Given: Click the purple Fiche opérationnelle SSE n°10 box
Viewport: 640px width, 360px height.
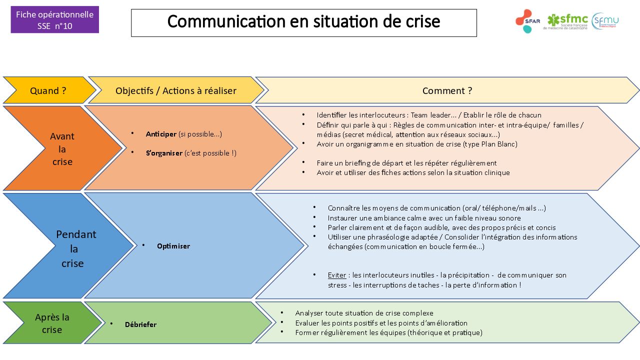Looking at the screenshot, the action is click(x=55, y=19).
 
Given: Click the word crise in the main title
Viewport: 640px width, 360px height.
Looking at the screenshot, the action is click(x=423, y=21).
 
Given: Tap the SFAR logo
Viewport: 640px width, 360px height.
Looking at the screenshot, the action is click(x=527, y=21).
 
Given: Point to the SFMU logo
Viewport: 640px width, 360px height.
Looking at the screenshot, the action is click(x=605, y=21).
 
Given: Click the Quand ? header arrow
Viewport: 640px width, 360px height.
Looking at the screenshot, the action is click(x=48, y=90).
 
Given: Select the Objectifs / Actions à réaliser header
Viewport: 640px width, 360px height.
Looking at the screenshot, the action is click(x=176, y=90).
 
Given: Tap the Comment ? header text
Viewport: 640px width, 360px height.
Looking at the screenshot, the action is click(x=447, y=90).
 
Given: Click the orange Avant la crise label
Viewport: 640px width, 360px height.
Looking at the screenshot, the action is click(x=62, y=149).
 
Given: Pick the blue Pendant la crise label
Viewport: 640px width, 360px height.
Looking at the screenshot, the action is click(x=76, y=248).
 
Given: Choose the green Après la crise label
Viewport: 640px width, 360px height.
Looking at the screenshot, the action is click(x=52, y=323).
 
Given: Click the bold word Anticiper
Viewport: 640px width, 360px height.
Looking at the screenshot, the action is click(x=161, y=134).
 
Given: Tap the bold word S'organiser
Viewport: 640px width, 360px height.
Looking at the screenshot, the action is click(x=164, y=153).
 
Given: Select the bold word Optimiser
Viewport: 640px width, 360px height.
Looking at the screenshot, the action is click(x=173, y=246).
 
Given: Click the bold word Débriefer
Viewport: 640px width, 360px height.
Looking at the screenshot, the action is click(x=140, y=324).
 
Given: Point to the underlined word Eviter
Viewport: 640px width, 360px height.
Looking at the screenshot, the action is click(x=337, y=275).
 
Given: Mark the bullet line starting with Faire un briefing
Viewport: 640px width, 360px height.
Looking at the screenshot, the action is click(x=406, y=163).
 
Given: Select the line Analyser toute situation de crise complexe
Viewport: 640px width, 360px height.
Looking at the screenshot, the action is click(x=364, y=313).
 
